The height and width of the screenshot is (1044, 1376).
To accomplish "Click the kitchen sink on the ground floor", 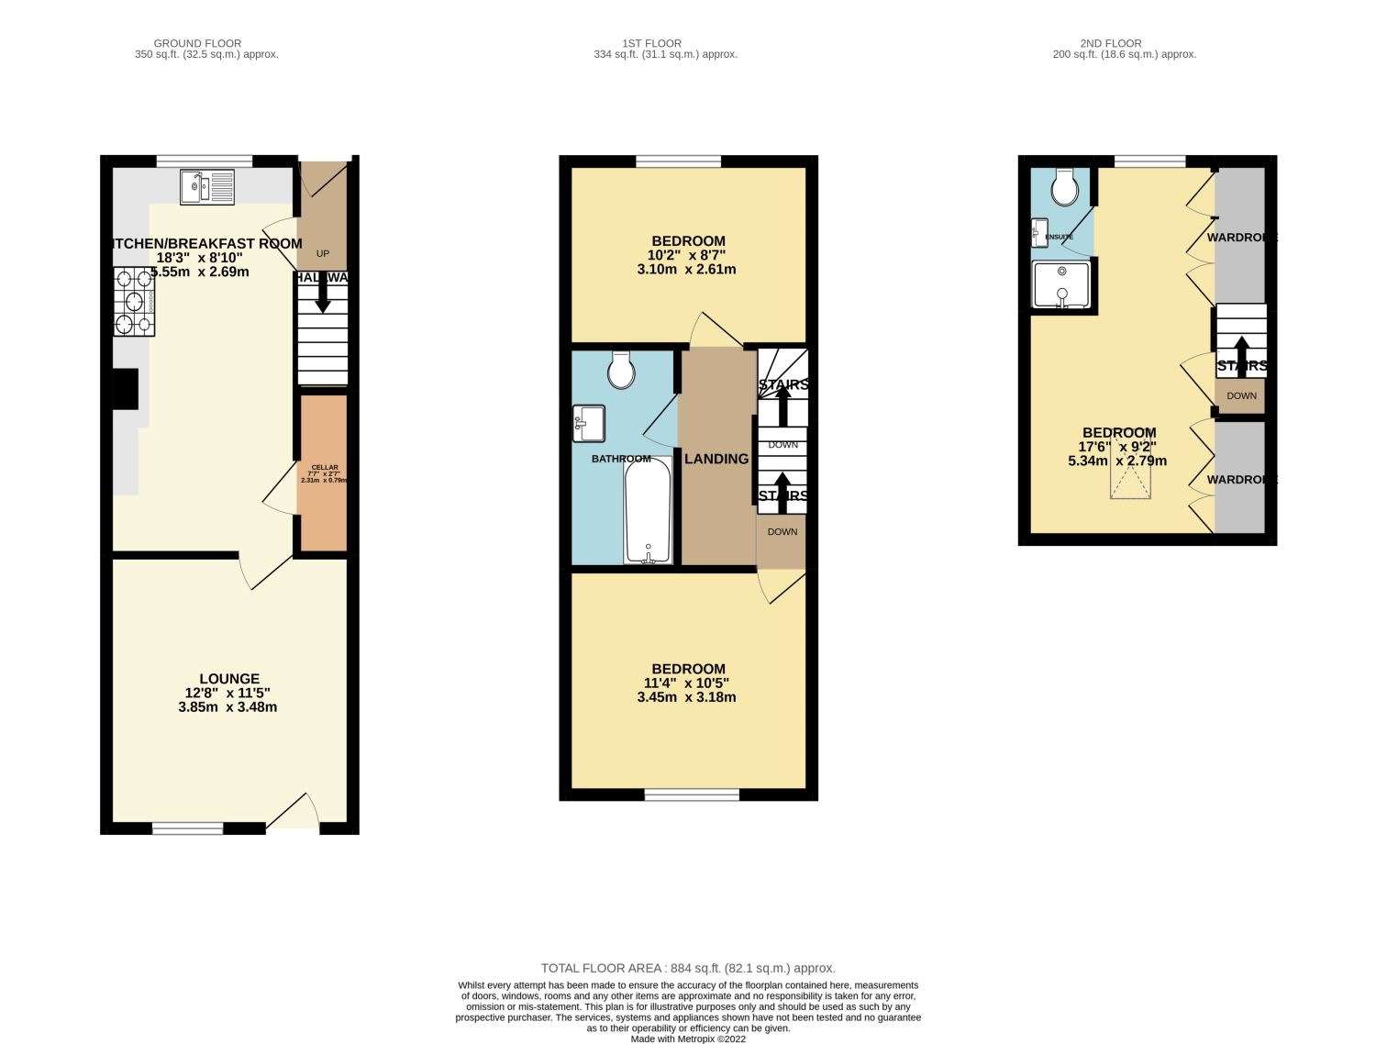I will click(207, 187).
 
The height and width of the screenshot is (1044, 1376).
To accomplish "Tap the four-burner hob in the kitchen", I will click(134, 300).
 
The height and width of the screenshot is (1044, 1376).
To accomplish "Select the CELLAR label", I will click(324, 468).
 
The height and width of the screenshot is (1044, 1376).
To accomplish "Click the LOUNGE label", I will click(229, 679).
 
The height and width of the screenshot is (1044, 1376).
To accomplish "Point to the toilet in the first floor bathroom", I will click(622, 370).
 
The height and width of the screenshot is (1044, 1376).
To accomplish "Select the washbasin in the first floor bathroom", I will click(588, 423).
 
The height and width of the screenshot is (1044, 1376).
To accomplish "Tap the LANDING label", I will click(716, 459).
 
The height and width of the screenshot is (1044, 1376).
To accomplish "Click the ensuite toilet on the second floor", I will click(1065, 187).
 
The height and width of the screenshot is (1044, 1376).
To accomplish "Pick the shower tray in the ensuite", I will click(1062, 284).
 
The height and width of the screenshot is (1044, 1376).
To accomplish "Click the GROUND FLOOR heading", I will click(197, 43).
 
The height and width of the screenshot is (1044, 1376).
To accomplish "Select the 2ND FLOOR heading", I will click(1110, 43).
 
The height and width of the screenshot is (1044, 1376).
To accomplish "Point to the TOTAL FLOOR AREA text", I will click(688, 968).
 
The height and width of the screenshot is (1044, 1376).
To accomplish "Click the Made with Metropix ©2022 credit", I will click(688, 1039).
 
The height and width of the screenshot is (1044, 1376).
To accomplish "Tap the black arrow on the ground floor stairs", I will click(322, 296).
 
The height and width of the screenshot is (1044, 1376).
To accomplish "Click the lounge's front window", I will click(187, 828).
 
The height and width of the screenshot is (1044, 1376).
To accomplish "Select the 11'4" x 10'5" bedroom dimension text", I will click(688, 683).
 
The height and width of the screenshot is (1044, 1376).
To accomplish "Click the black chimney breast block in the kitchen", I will click(125, 388).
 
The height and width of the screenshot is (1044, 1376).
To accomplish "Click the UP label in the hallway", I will click(322, 253).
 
